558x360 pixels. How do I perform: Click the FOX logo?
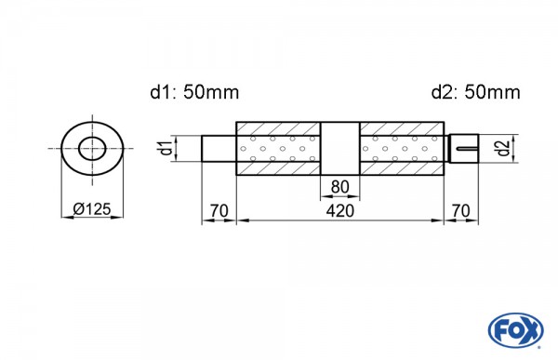click(516, 330)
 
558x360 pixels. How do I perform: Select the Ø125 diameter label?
click(92, 209)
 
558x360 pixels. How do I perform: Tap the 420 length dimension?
click(340, 211)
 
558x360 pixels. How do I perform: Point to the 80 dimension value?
click(340, 187)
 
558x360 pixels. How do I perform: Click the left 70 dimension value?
click(219, 211)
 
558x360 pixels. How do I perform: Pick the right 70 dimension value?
click(461, 211)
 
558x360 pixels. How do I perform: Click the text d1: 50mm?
click(194, 92)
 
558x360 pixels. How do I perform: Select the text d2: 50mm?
click(475, 92)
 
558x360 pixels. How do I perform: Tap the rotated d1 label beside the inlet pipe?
click(166, 148)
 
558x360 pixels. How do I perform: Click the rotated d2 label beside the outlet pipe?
click(502, 148)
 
